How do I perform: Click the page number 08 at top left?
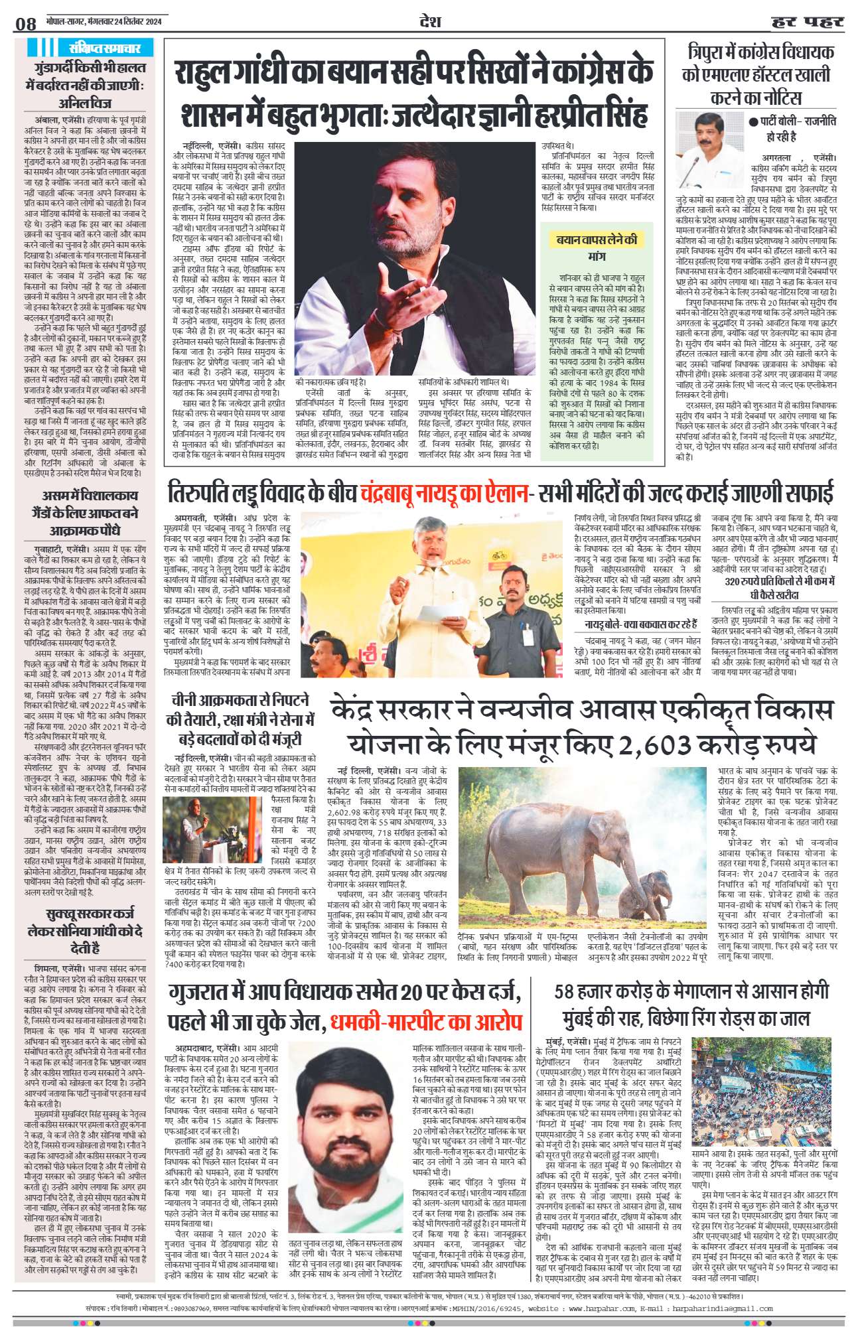26,24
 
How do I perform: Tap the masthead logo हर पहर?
807,23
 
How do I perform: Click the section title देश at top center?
430,21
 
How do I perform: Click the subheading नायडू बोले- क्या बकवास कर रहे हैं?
640,624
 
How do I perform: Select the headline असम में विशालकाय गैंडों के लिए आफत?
84,513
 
